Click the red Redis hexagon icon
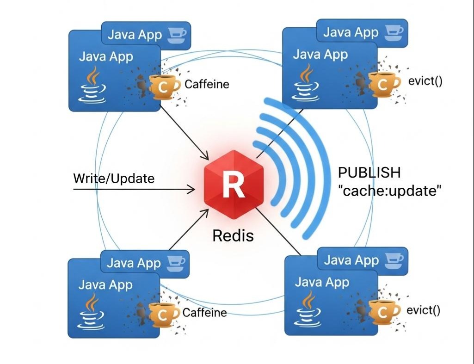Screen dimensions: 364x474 (230, 185)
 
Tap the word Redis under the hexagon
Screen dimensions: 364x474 (233, 235)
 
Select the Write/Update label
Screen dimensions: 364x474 (114, 179)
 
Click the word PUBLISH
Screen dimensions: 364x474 (369, 173)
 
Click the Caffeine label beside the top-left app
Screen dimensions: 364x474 (207, 85)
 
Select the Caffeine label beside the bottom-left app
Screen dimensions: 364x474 (204, 313)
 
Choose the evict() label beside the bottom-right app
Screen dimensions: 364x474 (423, 310)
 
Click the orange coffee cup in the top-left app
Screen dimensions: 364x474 (163, 86)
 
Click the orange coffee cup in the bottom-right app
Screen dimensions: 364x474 (383, 312)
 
